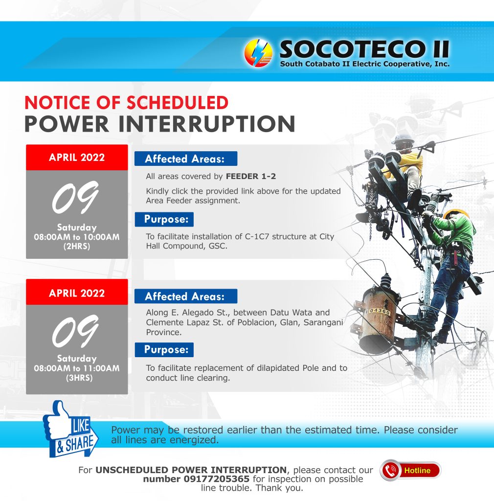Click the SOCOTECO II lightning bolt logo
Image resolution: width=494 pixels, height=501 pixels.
click(x=258, y=53)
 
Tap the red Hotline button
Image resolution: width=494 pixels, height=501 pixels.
click(x=410, y=470)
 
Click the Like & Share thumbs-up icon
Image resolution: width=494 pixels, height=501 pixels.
click(x=70, y=429)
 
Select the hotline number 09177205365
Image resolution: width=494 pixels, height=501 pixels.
click(x=217, y=479)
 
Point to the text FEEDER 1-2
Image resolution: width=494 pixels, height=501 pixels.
click(x=251, y=176)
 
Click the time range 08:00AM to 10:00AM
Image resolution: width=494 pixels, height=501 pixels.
click(x=77, y=237)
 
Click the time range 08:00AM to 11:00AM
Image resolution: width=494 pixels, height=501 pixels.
click(x=77, y=368)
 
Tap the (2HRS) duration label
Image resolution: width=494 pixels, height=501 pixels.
click(x=77, y=247)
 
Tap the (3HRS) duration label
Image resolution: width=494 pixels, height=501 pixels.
click(x=79, y=378)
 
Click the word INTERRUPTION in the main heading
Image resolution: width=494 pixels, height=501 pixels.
click(x=206, y=124)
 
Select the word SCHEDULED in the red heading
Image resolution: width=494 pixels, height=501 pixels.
click(x=178, y=103)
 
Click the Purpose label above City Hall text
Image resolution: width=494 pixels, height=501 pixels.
click(x=164, y=219)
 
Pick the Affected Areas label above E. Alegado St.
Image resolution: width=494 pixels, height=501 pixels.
click(x=185, y=296)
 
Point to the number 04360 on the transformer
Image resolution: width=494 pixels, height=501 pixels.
click(x=378, y=311)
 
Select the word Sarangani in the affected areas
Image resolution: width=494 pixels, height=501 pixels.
click(x=323, y=322)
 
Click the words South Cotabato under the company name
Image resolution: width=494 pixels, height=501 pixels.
click(x=310, y=64)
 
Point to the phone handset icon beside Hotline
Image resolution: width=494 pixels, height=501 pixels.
click(x=390, y=470)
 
